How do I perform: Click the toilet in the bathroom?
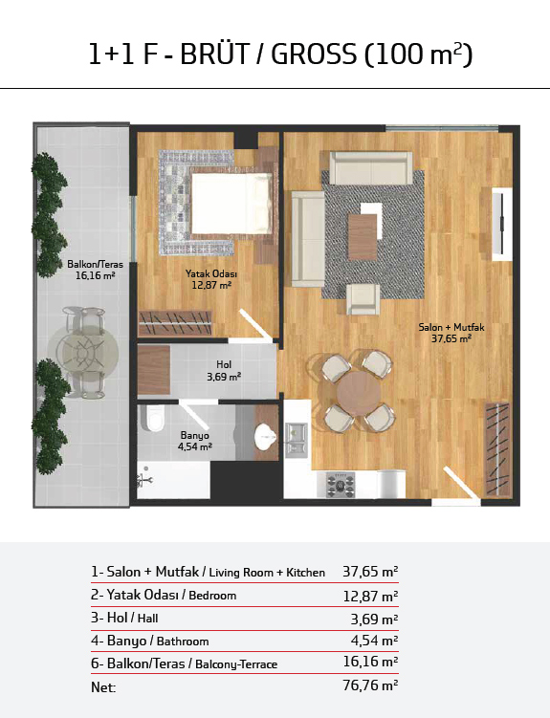152,417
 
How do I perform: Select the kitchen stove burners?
341,485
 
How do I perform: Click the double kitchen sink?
297,440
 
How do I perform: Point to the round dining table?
358,392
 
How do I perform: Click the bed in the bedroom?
231,204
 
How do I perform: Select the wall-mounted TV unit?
502,224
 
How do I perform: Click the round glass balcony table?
83,353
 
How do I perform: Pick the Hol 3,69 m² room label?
224,370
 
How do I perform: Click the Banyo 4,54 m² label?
194,441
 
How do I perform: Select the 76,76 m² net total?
370,685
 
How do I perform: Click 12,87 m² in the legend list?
370,596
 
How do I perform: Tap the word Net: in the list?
103,687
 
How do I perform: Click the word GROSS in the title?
314,54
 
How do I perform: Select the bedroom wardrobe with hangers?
175,323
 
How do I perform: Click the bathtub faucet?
144,479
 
